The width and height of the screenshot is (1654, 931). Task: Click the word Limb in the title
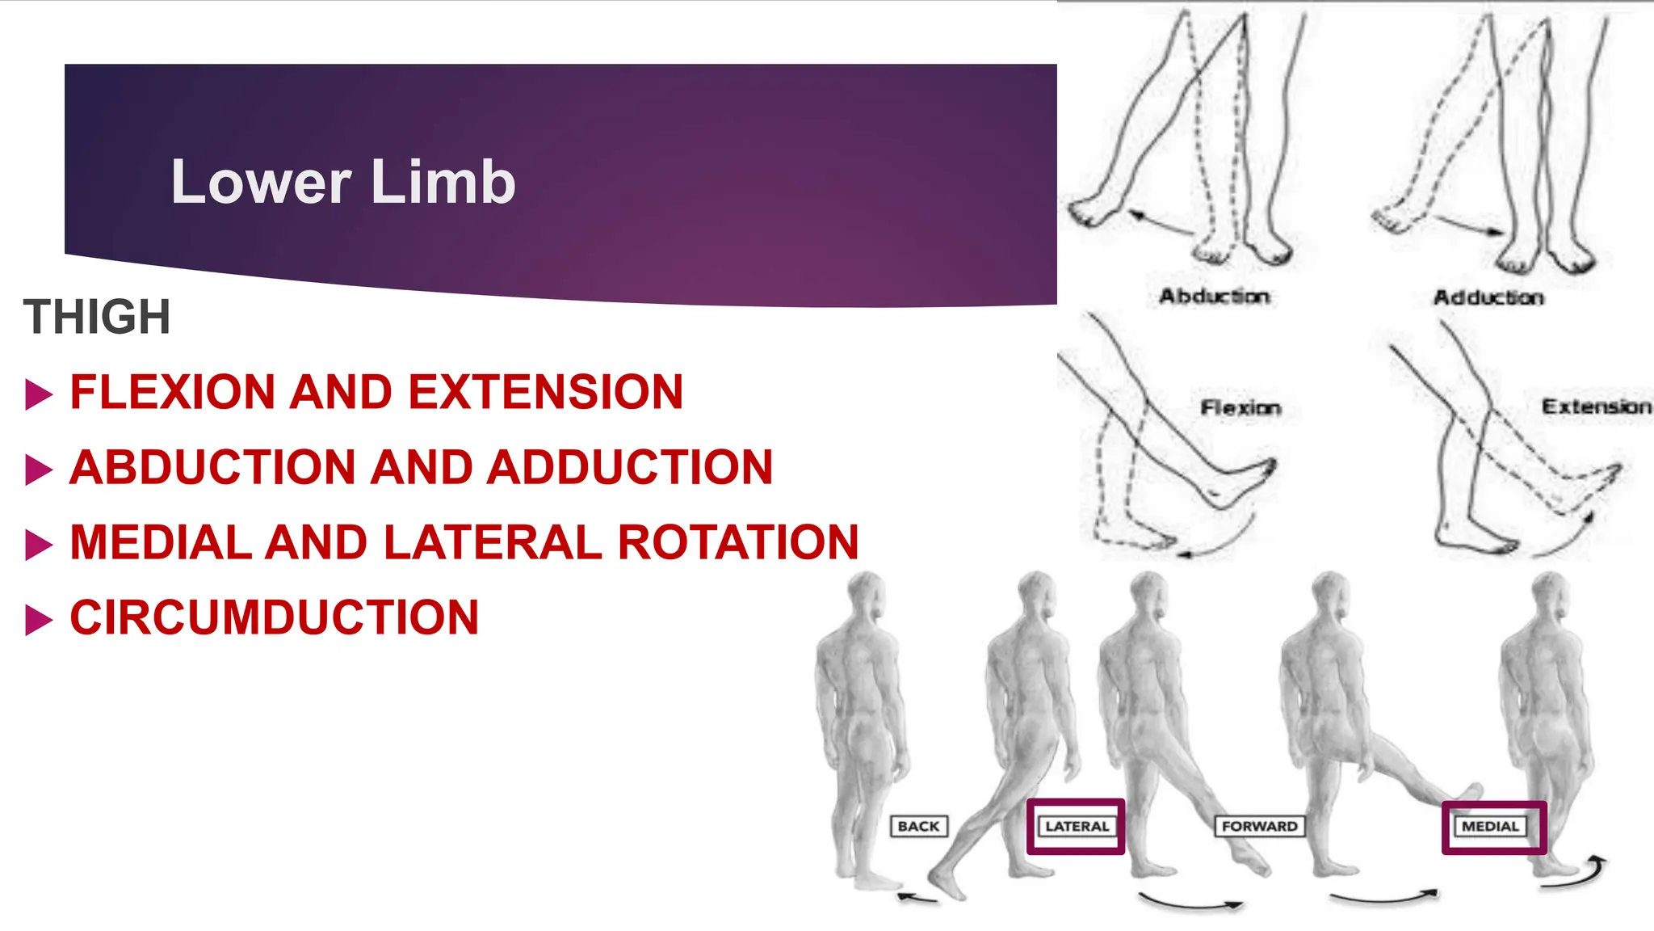tap(443, 182)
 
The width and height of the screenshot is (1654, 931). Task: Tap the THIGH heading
tap(97, 317)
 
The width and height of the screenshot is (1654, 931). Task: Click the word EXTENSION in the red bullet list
tap(546, 393)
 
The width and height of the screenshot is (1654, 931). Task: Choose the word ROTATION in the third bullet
tap(738, 542)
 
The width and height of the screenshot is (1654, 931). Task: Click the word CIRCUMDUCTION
tap(275, 618)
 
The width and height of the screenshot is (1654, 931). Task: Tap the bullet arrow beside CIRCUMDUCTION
tap(39, 620)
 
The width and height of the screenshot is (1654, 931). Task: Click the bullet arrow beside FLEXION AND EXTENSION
tap(39, 394)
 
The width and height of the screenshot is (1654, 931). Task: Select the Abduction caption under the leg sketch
tap(1214, 297)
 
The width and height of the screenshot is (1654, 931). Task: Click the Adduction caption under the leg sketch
tap(1488, 298)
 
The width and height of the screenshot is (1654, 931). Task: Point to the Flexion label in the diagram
tap(1240, 408)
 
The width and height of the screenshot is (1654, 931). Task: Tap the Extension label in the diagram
tap(1596, 407)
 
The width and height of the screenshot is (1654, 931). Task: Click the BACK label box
tap(918, 827)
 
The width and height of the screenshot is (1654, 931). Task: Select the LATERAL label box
tap(1077, 827)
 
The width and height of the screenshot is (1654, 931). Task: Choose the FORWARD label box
tap(1259, 827)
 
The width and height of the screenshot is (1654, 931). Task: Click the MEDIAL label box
tap(1491, 827)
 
